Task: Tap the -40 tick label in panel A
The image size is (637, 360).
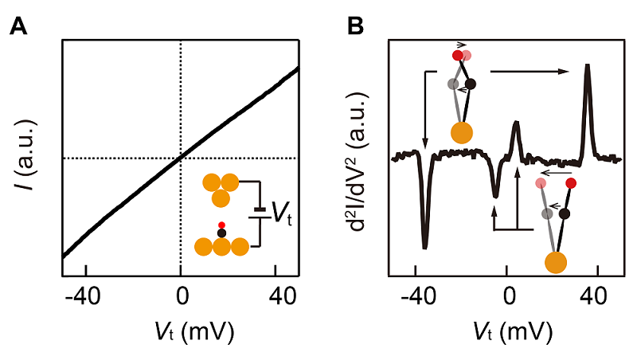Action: [x=83, y=297]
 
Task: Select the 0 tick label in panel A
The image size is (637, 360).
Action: [x=182, y=297]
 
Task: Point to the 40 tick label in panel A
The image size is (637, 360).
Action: [x=283, y=297]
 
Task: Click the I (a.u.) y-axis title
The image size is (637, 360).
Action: [x=28, y=156]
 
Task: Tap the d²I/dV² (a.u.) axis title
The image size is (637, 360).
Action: [x=358, y=162]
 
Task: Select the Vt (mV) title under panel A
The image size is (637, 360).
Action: [x=195, y=332]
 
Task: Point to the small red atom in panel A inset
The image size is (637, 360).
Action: [x=221, y=225]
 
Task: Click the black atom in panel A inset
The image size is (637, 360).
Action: [x=221, y=233]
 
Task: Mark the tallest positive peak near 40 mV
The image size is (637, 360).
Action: [x=587, y=65]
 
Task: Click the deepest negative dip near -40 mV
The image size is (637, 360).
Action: [x=425, y=246]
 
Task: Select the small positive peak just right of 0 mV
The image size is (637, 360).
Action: [x=515, y=123]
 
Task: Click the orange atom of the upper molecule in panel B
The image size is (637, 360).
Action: [x=462, y=132]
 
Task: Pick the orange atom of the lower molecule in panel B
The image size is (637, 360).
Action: [x=556, y=262]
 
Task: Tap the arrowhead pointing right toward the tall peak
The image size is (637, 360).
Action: [x=565, y=72]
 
